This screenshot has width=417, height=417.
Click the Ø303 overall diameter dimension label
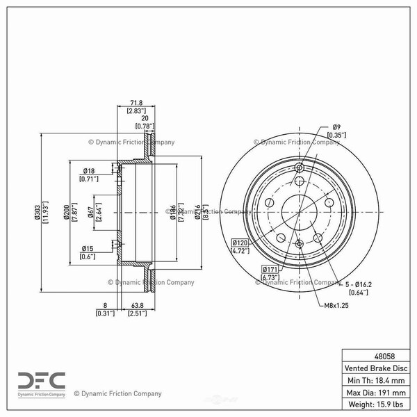point(37,212)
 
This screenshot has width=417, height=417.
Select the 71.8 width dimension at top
point(136,102)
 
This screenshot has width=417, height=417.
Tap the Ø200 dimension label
point(67,212)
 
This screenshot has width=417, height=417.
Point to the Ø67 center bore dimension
point(90,212)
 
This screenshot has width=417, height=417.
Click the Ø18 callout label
point(89,171)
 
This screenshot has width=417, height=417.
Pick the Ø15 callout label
point(88,248)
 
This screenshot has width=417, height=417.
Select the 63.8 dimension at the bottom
point(137,305)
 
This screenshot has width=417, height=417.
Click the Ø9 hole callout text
point(336,127)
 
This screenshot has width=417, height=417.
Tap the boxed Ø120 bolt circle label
point(240,243)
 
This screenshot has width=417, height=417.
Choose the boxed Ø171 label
point(270,269)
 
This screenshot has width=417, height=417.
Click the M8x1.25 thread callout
point(336,305)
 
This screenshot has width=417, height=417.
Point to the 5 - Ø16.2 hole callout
point(358,284)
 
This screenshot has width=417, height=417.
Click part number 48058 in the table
point(384,356)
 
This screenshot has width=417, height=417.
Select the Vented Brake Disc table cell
point(376,368)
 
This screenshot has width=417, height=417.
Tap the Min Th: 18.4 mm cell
point(376,380)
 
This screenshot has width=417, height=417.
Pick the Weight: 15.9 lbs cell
point(376,404)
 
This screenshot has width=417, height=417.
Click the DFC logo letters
point(42,381)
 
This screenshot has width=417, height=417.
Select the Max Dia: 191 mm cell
point(376,392)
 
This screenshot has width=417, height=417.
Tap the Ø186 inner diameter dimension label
point(173,212)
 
